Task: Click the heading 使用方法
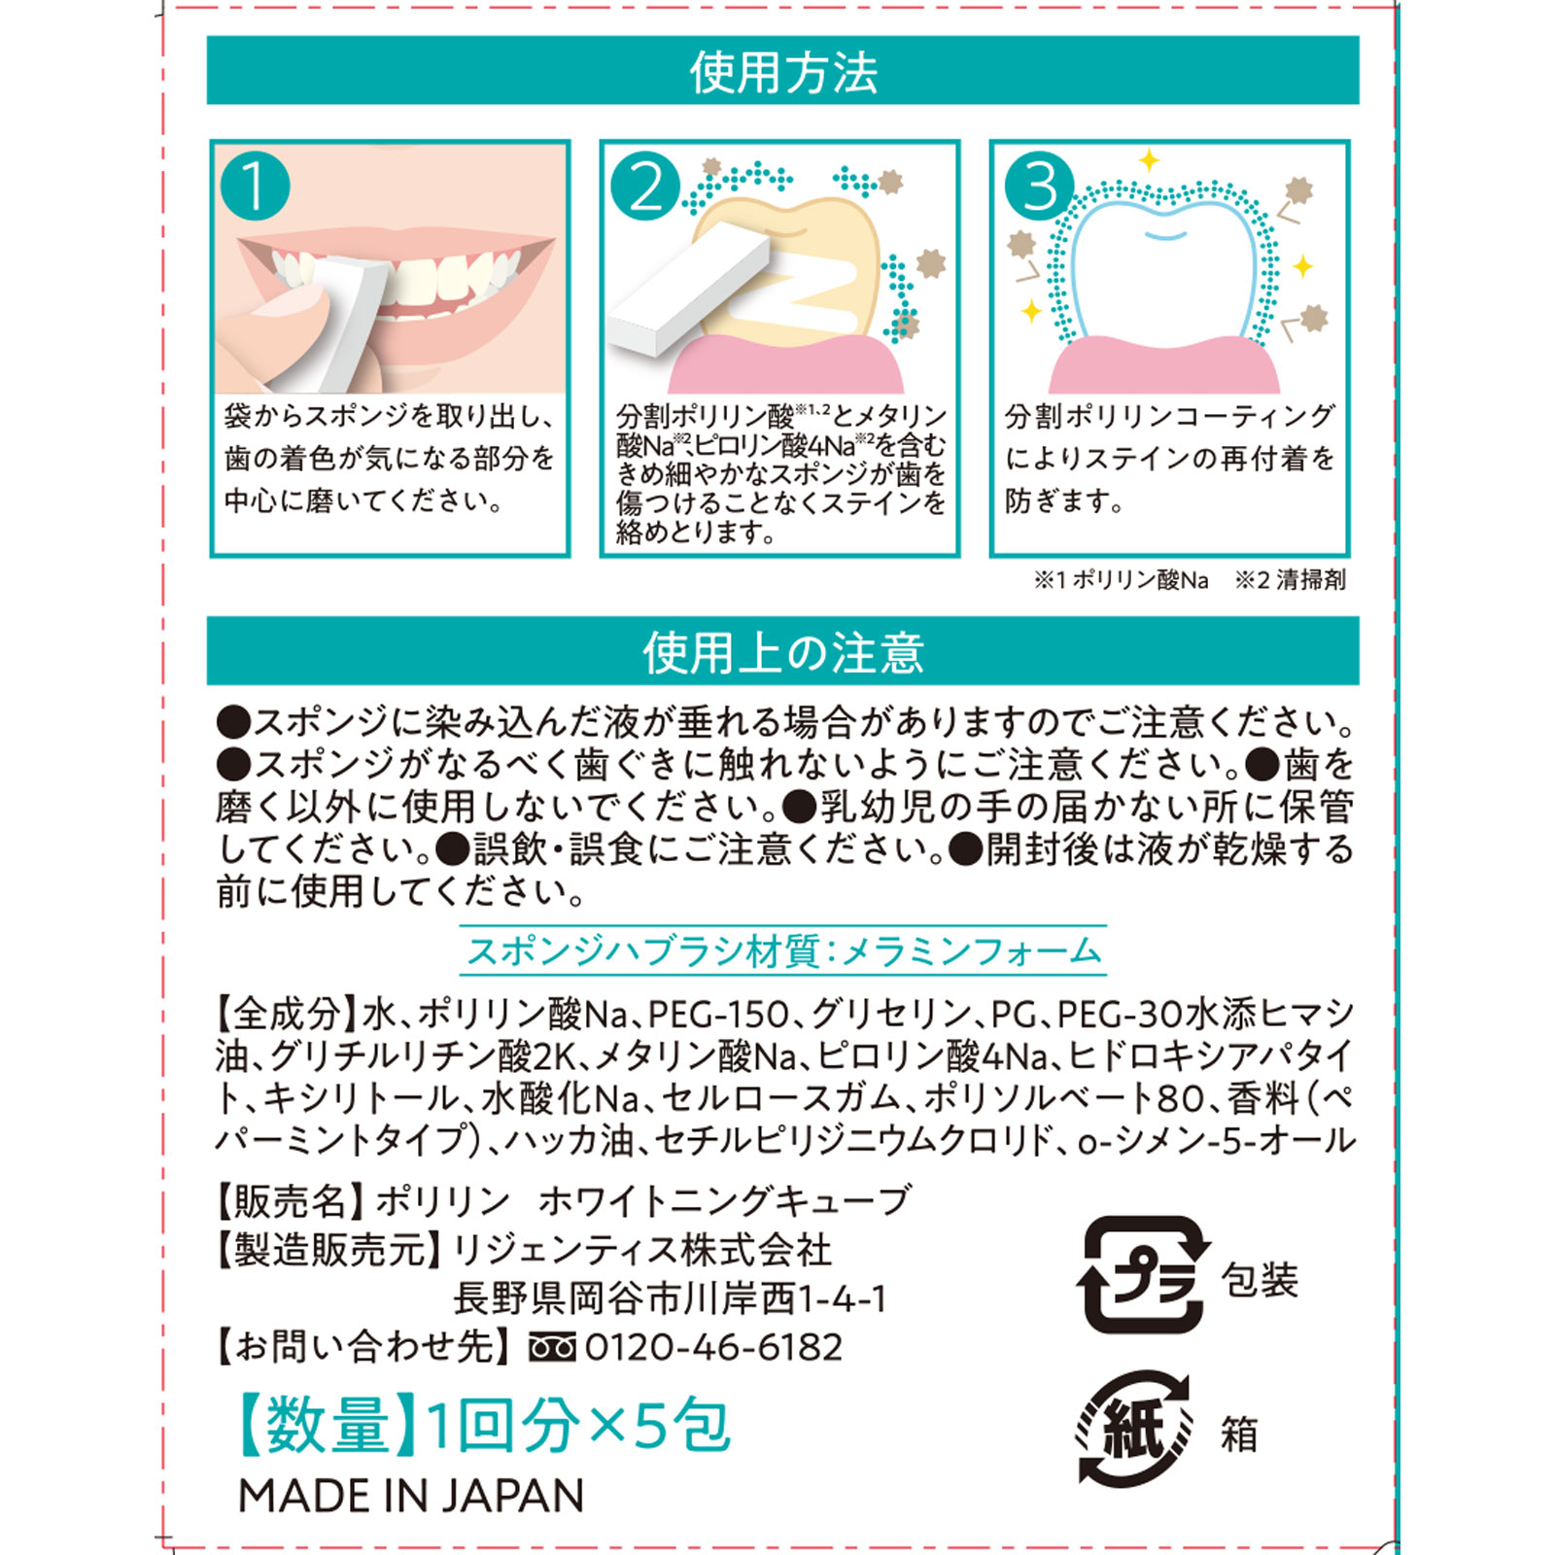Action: click(x=783, y=72)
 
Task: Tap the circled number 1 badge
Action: click(x=255, y=185)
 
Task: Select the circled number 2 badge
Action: click(x=645, y=187)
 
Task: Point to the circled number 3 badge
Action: click(x=1039, y=185)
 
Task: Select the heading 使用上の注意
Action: click(x=783, y=652)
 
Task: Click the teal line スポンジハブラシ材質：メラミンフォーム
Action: click(x=783, y=950)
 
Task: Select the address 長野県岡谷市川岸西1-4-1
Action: click(x=671, y=1298)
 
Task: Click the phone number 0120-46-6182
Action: click(x=713, y=1347)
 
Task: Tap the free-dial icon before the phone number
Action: click(x=551, y=1348)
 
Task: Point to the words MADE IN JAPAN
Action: click(x=411, y=1496)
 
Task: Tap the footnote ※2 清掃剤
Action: click(x=1290, y=580)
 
